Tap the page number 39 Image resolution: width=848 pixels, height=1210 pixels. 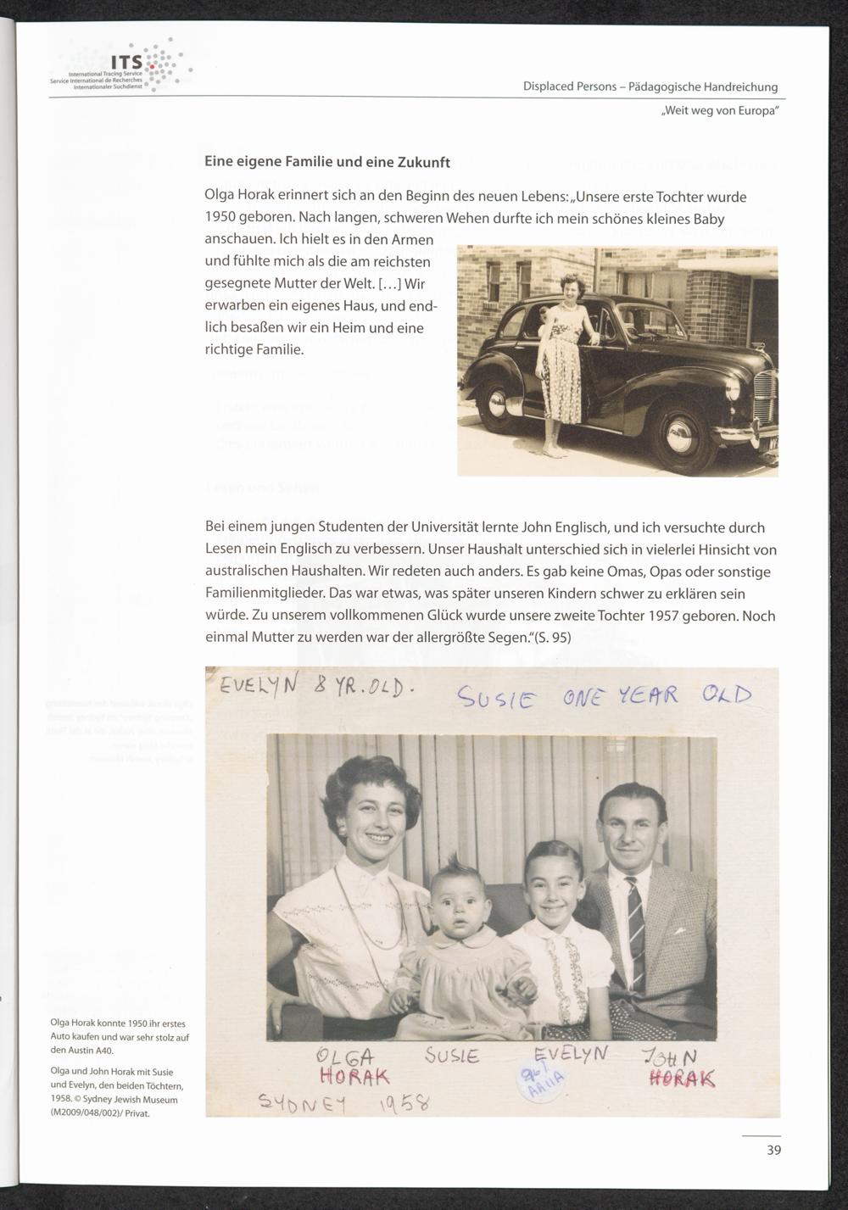coord(773,1150)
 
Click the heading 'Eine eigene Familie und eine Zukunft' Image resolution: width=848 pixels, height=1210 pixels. coord(327,161)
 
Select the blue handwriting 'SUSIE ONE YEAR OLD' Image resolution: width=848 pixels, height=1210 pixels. coord(604,697)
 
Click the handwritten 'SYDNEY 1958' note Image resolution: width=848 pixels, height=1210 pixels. coord(343,1102)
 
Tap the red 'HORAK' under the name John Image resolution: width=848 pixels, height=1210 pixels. coord(682,1078)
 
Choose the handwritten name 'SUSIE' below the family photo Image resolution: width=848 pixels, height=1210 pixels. coord(452,1057)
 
